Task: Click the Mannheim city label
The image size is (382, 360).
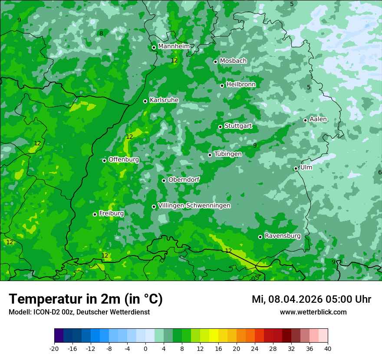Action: click(174, 46)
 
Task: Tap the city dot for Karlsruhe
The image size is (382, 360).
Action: click(145, 101)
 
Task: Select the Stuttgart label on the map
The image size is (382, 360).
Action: click(238, 126)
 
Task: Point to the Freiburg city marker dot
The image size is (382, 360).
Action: click(95, 214)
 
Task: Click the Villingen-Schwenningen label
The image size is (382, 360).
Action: click(194, 206)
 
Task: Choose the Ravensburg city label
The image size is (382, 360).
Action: click(283, 236)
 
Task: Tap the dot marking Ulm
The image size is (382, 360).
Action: click(296, 168)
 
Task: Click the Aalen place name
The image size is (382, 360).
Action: click(318, 119)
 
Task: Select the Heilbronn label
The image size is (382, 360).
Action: click(241, 85)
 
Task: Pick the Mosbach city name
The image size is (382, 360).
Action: click(233, 61)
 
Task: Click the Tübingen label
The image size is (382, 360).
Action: click(228, 154)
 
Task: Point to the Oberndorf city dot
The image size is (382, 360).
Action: click(164, 180)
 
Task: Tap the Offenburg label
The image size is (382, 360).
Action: click(124, 160)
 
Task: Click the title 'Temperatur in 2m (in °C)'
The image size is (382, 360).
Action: click(86, 299)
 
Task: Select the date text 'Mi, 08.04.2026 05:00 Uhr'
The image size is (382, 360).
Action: click(311, 299)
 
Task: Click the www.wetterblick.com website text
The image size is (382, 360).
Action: click(313, 312)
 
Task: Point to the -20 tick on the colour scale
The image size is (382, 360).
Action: click(54, 348)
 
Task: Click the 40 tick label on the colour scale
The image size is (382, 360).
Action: click(328, 348)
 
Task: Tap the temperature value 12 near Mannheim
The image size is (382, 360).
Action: click(174, 61)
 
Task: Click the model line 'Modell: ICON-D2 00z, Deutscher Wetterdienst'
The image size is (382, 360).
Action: click(79, 312)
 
